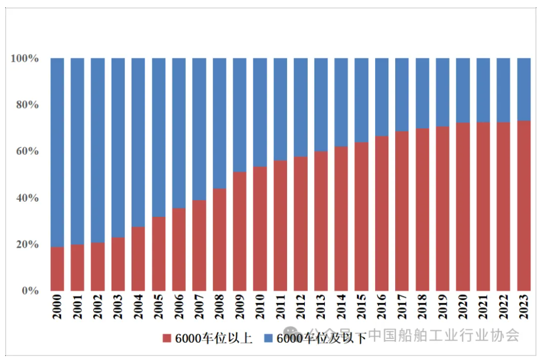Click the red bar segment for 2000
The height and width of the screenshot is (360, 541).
(x=57, y=269)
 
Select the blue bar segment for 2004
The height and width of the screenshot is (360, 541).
(x=138, y=143)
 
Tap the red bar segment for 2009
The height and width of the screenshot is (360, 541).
(x=240, y=231)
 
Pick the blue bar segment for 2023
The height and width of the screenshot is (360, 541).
(x=524, y=89)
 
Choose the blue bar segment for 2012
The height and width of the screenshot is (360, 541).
(x=301, y=107)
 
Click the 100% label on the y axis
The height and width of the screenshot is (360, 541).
(x=25, y=59)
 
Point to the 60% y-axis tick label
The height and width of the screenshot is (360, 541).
(x=27, y=151)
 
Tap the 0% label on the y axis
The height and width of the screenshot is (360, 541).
(x=30, y=291)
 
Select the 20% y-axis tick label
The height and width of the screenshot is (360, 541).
(x=27, y=245)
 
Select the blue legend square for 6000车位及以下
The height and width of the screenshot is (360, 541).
(x=268, y=338)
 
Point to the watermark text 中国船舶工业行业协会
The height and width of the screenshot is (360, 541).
(x=443, y=335)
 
